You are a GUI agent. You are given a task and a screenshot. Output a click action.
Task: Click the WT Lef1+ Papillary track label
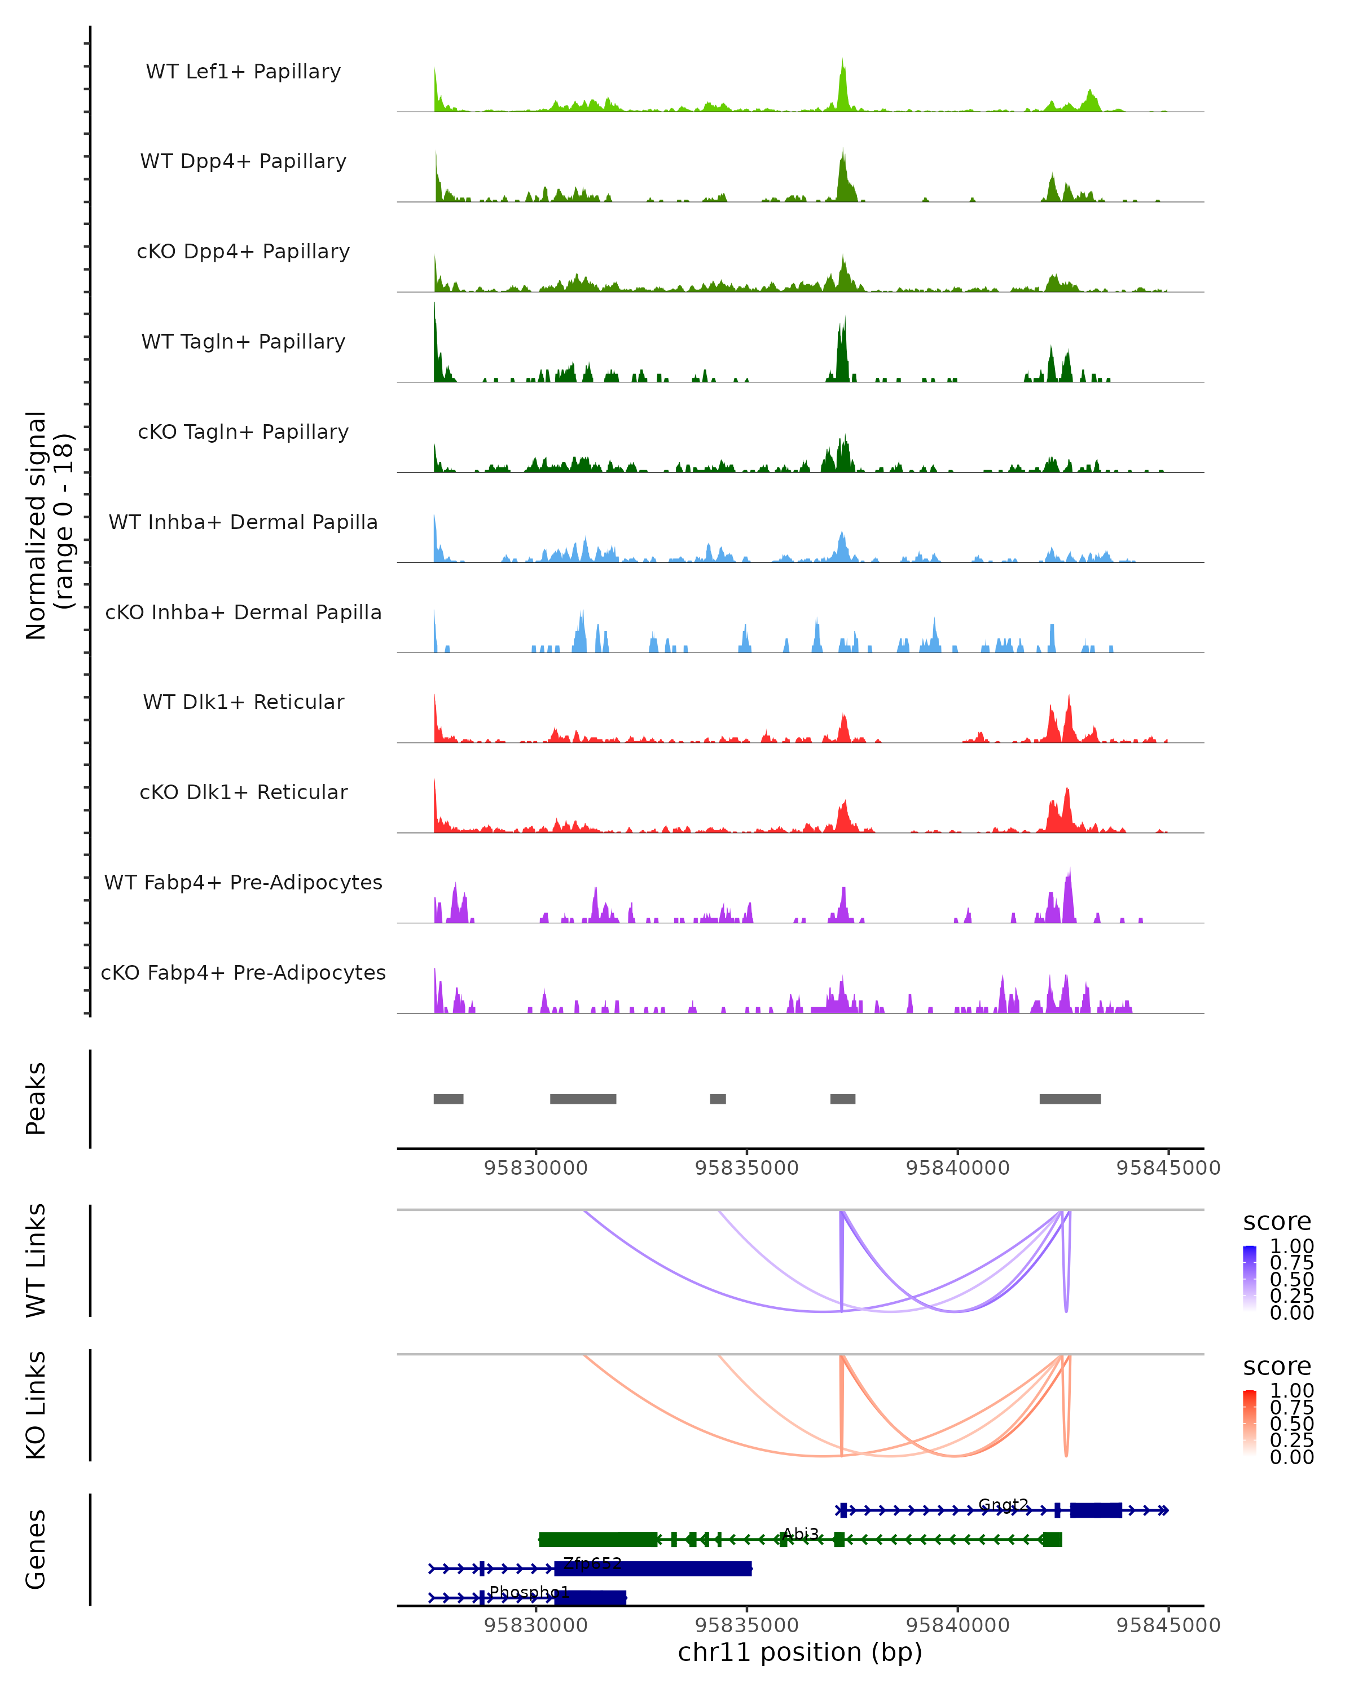(243, 72)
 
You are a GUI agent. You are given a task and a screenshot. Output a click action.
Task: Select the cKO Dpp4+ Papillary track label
(243, 252)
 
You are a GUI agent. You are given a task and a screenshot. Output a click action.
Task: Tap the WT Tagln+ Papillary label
(243, 342)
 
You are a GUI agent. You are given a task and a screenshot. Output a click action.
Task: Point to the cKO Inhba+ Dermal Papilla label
(243, 613)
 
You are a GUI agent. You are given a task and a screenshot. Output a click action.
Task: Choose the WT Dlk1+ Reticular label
(243, 702)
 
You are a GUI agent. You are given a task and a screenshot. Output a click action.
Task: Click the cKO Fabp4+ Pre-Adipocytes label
(243, 973)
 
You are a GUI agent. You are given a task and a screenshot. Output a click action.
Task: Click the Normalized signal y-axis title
(49, 525)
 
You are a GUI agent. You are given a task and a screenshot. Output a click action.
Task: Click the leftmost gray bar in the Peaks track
(448, 1099)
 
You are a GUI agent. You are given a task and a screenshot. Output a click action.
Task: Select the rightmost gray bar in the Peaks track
(1069, 1099)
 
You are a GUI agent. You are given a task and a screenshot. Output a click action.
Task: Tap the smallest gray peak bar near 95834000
(718, 1099)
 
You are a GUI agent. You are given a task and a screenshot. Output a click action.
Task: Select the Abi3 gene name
(801, 1534)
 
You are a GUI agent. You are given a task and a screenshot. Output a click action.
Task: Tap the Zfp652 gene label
(592, 1563)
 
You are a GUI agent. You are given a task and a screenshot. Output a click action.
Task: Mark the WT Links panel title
(36, 1261)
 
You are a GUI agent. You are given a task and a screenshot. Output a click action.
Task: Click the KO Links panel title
(36, 1405)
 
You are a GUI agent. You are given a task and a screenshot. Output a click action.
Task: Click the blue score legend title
(1276, 1222)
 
